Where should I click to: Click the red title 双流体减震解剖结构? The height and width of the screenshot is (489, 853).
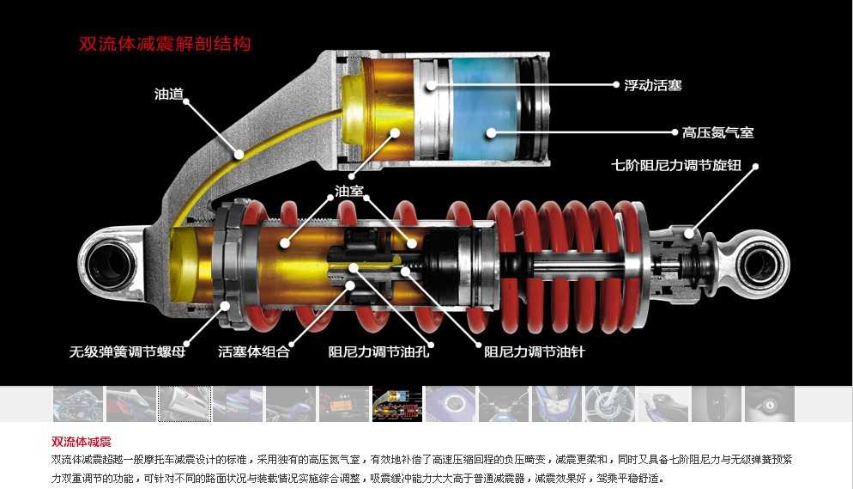165,44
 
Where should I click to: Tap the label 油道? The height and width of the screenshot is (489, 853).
169,94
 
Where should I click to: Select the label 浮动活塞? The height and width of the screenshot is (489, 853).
652,85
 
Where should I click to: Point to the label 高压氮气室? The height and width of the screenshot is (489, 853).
717,132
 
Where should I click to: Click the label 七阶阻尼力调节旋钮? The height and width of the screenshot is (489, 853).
675,165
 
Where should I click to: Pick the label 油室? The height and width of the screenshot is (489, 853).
348,191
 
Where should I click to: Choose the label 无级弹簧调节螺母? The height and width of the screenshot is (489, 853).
127,351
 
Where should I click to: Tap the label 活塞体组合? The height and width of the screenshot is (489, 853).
253,351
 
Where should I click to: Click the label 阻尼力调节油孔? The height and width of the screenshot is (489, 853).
378,351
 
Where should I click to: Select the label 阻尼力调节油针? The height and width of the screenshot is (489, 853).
535,351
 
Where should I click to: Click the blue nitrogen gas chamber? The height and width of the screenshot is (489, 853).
483,109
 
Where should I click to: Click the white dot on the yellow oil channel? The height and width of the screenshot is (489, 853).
239,155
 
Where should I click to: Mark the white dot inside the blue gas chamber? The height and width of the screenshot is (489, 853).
491,132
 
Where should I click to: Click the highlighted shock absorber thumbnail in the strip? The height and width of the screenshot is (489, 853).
397,404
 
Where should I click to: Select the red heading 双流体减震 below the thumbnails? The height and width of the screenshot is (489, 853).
81,442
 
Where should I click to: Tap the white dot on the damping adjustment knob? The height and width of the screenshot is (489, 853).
689,234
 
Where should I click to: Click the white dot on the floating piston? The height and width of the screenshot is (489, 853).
430,85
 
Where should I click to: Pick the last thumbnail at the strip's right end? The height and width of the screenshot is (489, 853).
769,404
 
